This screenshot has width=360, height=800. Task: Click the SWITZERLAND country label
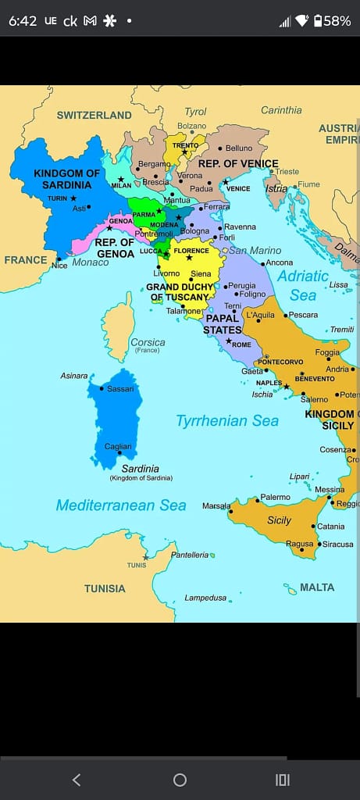point(94,115)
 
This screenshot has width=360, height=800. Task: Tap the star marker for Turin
point(73,198)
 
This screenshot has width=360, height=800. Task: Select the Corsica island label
point(148,342)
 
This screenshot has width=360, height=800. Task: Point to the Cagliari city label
point(119,446)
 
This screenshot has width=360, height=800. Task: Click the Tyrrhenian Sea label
point(227,421)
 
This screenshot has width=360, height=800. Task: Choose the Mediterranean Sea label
point(121,505)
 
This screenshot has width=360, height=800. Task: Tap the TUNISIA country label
point(105,588)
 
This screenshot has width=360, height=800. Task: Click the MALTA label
point(317,587)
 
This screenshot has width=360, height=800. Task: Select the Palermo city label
point(275,497)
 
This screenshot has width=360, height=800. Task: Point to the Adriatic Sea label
point(303,285)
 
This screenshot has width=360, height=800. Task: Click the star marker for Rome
point(228,341)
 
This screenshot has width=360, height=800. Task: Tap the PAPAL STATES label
point(223,324)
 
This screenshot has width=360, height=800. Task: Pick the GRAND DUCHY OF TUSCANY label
point(179,292)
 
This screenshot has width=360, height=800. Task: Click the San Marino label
point(255,250)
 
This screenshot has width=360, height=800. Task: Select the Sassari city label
point(120,388)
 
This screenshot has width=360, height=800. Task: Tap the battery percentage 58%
point(337,21)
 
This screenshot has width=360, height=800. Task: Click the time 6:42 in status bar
point(23,21)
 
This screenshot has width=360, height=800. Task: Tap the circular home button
point(180,780)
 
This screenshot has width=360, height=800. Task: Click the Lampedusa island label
point(205,598)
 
